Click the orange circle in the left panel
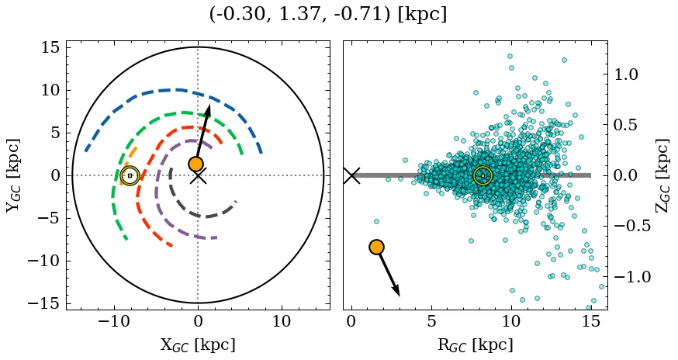[x=195, y=164]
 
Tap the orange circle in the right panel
[x=376, y=247]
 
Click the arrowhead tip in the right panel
[x=400, y=296]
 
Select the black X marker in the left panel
[x=198, y=176]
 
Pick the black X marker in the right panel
[x=351, y=175]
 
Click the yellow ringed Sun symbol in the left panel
[x=130, y=175]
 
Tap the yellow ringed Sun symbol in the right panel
[x=483, y=175]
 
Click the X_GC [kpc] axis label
[x=198, y=345]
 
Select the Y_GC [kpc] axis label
[x=13, y=175]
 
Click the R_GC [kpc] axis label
[x=475, y=345]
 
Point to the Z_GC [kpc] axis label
[x=662, y=175]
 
